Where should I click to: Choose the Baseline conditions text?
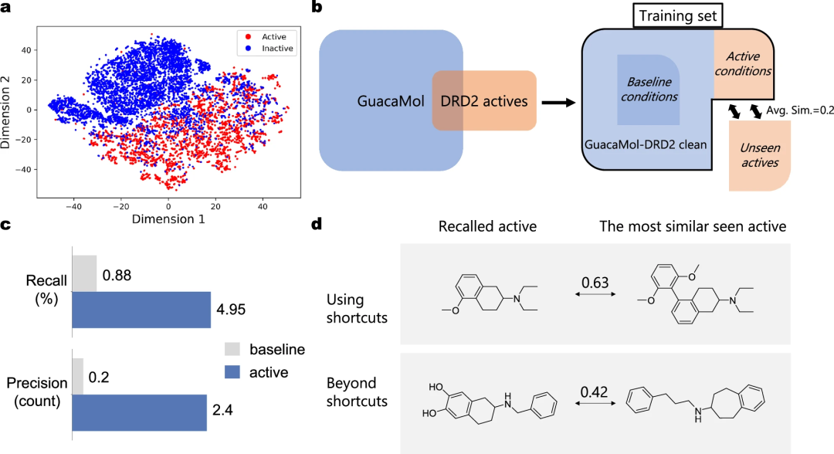point(649,90)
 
